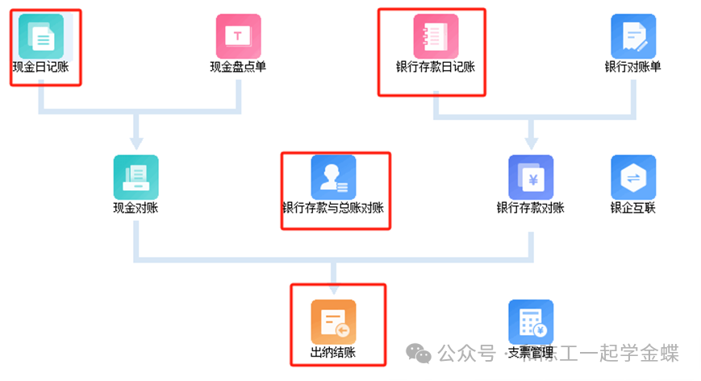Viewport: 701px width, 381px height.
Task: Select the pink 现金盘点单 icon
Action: [238, 35]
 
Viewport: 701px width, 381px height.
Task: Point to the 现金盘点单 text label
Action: [238, 67]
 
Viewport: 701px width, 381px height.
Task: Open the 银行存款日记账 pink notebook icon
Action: [436, 35]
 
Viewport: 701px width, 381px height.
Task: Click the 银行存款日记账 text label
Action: [436, 67]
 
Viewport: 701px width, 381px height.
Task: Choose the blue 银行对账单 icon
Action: [633, 35]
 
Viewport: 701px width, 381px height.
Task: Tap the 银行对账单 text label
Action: [633, 67]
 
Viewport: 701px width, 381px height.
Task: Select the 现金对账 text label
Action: [136, 208]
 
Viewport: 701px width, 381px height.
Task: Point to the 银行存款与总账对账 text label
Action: [333, 208]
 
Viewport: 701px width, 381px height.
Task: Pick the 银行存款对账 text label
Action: [531, 208]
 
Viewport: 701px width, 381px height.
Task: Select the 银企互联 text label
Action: [633, 208]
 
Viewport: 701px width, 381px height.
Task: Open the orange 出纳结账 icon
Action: [333, 321]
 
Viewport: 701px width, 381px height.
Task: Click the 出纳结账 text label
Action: [333, 353]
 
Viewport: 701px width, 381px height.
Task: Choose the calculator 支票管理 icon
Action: [531, 321]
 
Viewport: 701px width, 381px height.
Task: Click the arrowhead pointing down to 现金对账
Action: [136, 142]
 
